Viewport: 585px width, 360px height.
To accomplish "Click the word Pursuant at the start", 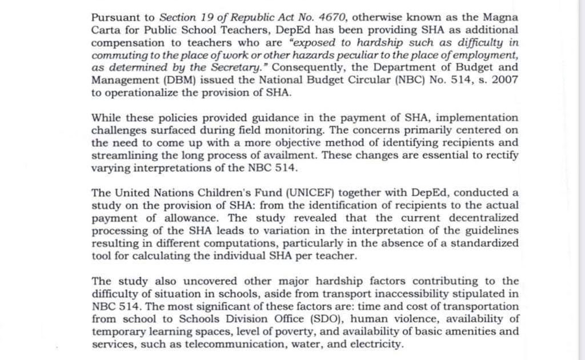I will click(x=114, y=18).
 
